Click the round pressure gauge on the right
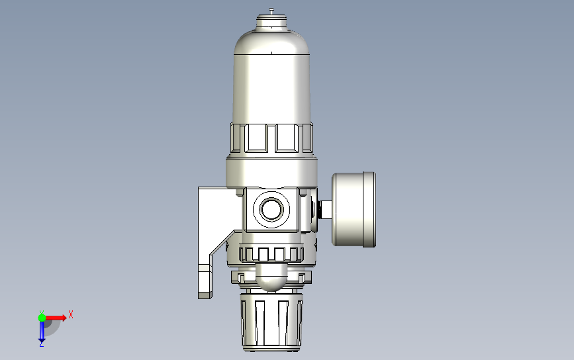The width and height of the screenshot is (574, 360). (354, 209)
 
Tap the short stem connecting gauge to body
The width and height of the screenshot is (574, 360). (325, 210)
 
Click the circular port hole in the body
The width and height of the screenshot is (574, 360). (271, 209)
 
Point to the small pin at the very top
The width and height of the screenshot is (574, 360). (271, 11)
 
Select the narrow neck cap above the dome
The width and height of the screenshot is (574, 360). (271, 21)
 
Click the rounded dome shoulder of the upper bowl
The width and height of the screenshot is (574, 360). (271, 42)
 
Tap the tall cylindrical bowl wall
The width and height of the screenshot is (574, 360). (271, 88)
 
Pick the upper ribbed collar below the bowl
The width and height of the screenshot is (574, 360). (271, 138)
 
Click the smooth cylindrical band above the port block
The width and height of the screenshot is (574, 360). (271, 173)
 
